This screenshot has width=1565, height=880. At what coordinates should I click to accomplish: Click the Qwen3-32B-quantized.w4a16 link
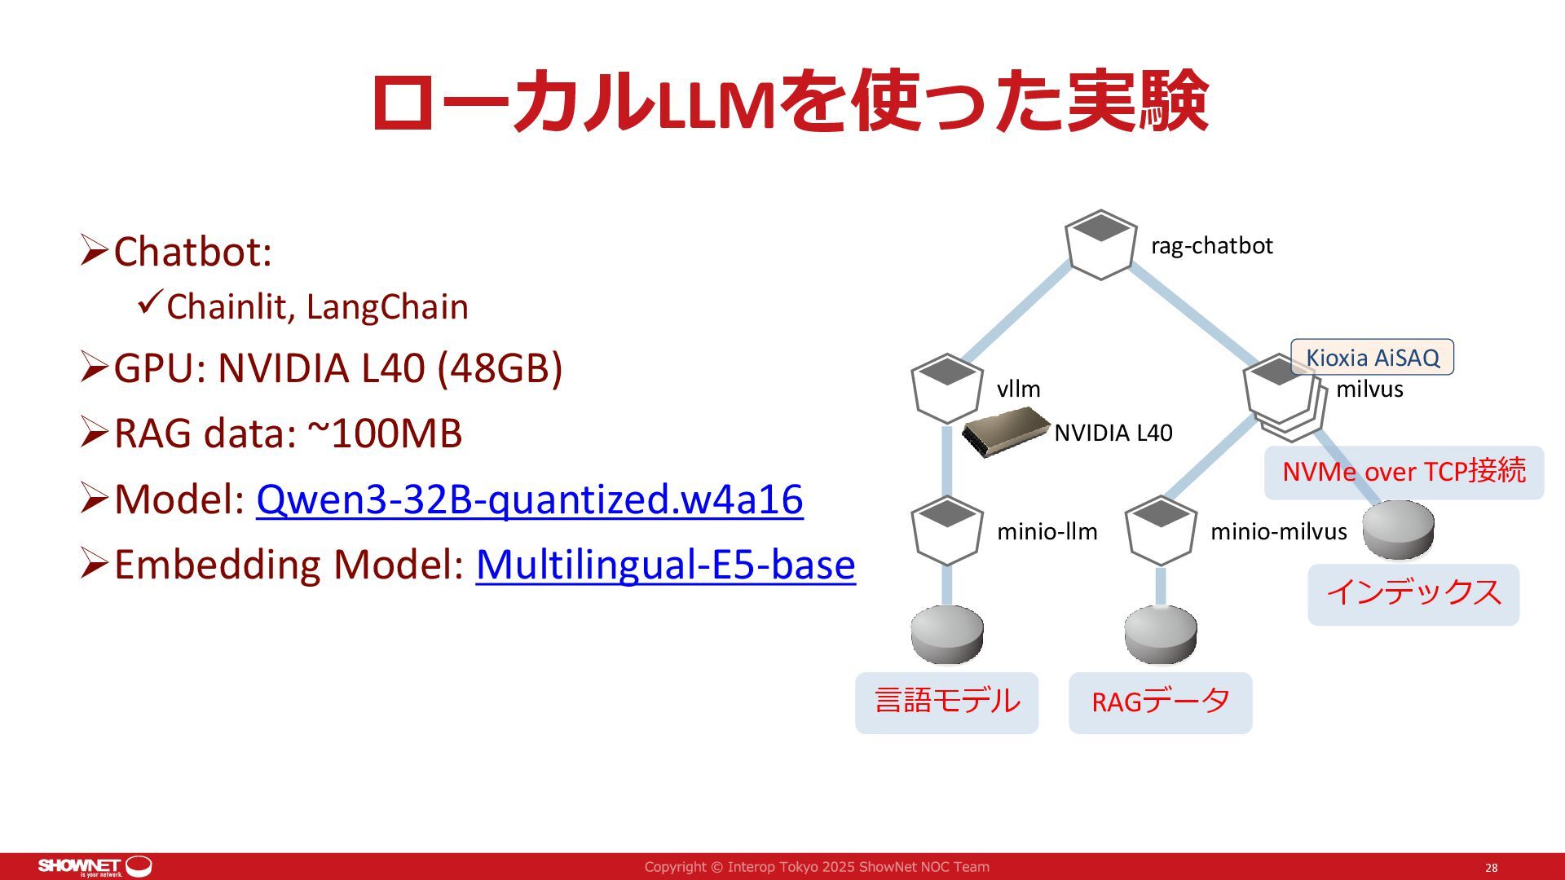coord(529,499)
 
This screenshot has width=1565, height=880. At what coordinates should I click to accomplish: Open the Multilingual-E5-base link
coord(665,564)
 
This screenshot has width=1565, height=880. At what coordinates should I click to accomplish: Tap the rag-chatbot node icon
coord(1100,244)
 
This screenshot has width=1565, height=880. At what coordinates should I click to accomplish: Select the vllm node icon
coord(946,388)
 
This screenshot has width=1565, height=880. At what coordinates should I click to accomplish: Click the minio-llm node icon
coord(946,530)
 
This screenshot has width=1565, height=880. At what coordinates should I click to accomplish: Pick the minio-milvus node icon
coord(1160,530)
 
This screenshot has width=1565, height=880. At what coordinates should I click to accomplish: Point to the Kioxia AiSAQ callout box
coord(1372,357)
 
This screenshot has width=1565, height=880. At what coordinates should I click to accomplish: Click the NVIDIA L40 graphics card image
coord(1006,432)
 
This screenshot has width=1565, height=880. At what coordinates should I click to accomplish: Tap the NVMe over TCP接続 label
coord(1404,472)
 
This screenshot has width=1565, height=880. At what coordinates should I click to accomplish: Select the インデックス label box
coord(1413,593)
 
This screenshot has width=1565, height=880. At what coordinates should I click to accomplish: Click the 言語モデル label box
coord(946,702)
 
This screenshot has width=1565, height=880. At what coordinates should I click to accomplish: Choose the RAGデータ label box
coord(1160,702)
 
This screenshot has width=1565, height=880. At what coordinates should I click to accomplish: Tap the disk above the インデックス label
coord(1398,530)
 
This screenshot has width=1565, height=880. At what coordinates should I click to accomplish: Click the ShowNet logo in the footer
coord(95,866)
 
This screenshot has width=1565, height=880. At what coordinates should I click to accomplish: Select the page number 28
coord(1491,868)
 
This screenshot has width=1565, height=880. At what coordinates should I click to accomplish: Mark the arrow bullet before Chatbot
coord(94,250)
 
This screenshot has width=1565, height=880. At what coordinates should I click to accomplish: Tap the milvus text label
coord(1369,389)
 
